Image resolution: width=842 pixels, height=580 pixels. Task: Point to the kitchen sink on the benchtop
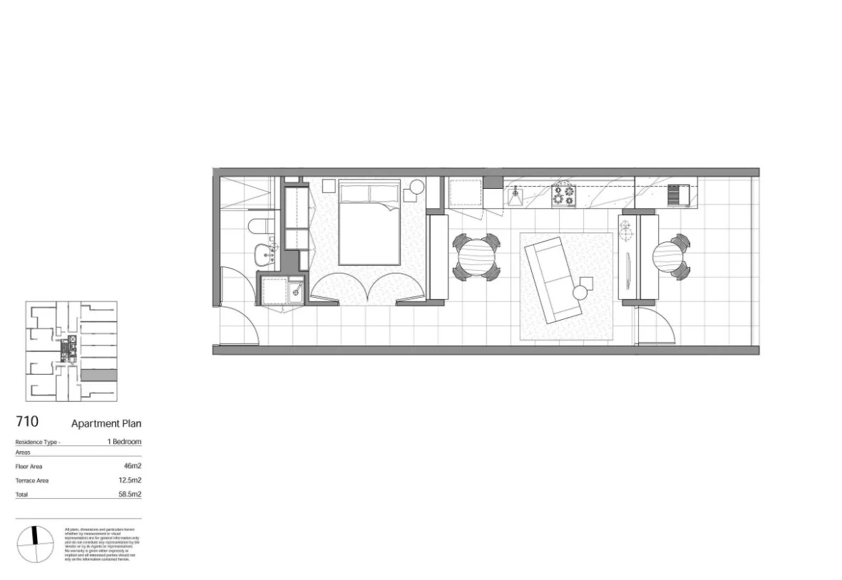tap(514, 194)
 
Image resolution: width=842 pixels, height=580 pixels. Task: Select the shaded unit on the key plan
tap(98, 376)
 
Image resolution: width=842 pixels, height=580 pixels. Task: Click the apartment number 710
tap(26, 422)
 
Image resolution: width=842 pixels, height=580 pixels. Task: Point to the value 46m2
tap(132, 466)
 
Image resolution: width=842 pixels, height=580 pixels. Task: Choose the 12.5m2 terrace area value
tap(130, 480)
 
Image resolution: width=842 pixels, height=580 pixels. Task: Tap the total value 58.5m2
tap(130, 494)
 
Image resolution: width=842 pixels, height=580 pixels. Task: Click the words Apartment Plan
tap(106, 423)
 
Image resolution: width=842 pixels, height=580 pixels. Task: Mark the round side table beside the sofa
tap(582, 291)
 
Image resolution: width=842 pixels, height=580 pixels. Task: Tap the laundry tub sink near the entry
tap(293, 291)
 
